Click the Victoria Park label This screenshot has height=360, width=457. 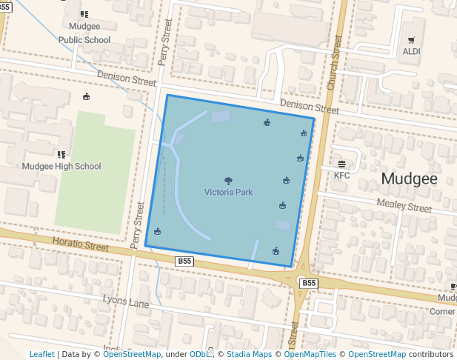pyautogui.click(x=229, y=193)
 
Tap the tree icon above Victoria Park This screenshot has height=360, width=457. pyautogui.click(x=228, y=180)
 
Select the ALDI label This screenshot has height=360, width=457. pyautogui.click(x=411, y=52)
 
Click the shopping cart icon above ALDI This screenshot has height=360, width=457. pyautogui.click(x=411, y=40)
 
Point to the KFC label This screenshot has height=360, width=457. pyautogui.click(x=341, y=176)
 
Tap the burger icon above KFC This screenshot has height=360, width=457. pyautogui.click(x=341, y=164)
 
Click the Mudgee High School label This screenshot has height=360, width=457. pyautogui.click(x=61, y=167)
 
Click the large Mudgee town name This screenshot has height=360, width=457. pyautogui.click(x=409, y=179)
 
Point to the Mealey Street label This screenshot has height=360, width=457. pyautogui.click(x=404, y=205)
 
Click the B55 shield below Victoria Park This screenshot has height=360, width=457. pyautogui.click(x=184, y=261)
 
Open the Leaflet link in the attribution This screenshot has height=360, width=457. pyautogui.click(x=41, y=355)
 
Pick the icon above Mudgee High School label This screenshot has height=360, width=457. pyautogui.click(x=61, y=154)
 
